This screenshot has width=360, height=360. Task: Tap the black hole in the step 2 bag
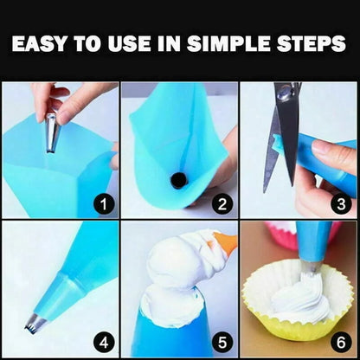tap(179, 179)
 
